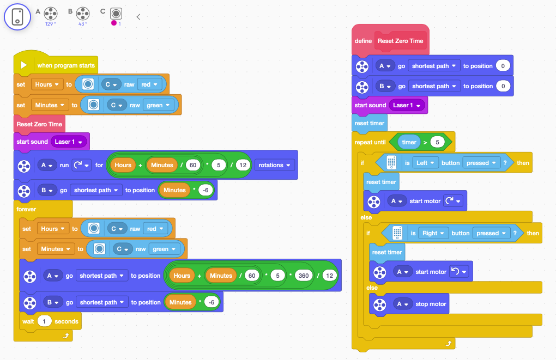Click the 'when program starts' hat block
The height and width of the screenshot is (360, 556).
click(65, 65)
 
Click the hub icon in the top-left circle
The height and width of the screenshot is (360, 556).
click(18, 17)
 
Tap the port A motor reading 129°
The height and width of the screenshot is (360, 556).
click(51, 13)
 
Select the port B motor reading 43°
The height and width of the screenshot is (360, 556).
click(83, 13)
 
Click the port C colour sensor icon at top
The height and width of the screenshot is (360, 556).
click(116, 13)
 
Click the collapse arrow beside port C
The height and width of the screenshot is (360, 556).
click(138, 17)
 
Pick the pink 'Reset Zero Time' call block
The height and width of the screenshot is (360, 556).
click(39, 124)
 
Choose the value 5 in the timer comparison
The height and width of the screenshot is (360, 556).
click(437, 142)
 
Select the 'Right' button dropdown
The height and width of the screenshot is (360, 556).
click(433, 233)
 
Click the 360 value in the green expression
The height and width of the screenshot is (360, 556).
click(304, 276)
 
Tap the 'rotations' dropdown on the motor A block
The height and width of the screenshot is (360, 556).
click(275, 165)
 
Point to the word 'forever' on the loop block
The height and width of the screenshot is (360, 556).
click(26, 209)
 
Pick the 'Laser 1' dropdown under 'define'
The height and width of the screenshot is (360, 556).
click(406, 105)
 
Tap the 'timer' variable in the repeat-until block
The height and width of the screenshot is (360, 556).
click(409, 142)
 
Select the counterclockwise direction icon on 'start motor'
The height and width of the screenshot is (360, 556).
click(457, 271)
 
